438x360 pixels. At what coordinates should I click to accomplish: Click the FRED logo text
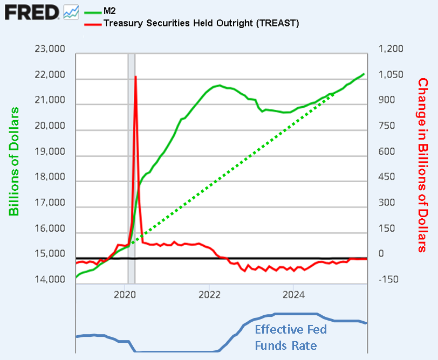[x=31, y=11]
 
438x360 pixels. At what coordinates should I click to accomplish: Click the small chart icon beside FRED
[x=71, y=11]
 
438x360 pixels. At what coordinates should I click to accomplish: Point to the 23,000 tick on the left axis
[x=50, y=50]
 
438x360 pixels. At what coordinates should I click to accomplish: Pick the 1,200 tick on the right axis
[x=391, y=50]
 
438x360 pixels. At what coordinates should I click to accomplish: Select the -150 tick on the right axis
[x=388, y=280]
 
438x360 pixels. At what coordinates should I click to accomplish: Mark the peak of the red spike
[x=135, y=77]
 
